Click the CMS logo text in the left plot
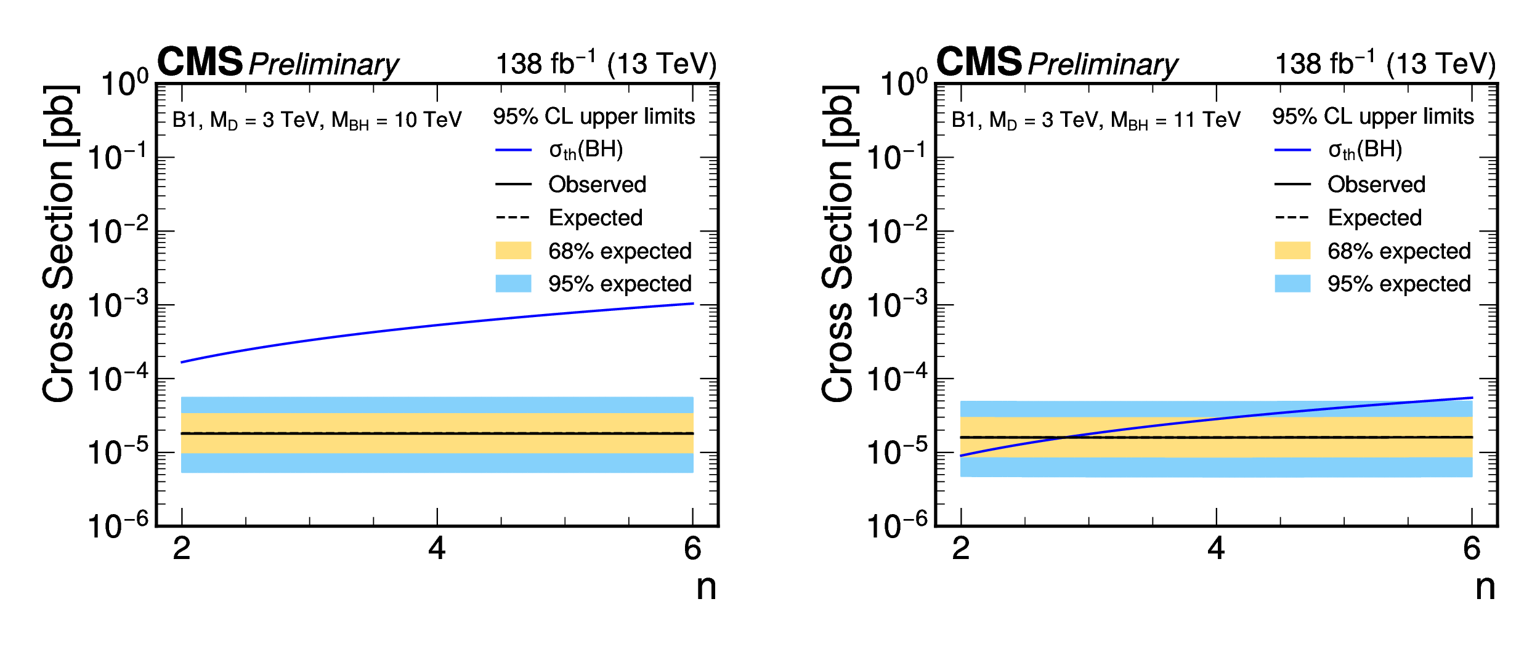pos(200,62)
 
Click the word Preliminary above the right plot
pos(1103,65)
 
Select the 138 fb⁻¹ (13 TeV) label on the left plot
pos(606,64)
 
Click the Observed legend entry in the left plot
pos(597,184)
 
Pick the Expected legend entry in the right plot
pos(1374,217)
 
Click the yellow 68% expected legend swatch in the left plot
pos(513,251)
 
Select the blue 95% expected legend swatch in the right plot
pos(1292,283)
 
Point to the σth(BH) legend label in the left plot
pos(586,150)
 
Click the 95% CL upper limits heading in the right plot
pos(1373,116)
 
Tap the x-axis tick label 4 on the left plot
pos(437,548)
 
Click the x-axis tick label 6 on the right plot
pos(1472,548)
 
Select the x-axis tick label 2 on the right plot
pos(961,548)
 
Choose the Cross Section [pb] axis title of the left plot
pos(59,244)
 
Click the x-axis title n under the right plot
pos(1485,587)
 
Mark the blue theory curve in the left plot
pos(437,324)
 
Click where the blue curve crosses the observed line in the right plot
pos(1064,438)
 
